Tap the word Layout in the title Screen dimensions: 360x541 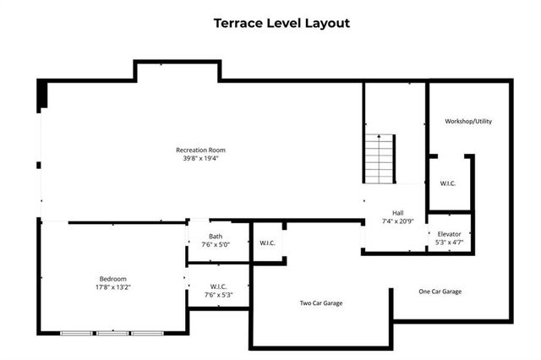[x=327, y=23]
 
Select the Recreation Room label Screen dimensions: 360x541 [x=200, y=150]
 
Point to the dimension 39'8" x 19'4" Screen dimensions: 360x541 [x=200, y=159]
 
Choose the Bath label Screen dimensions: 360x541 [x=217, y=236]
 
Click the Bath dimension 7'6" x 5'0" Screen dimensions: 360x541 [x=217, y=244]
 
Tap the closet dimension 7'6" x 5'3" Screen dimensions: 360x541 [x=217, y=296]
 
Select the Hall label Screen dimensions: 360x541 [x=396, y=212]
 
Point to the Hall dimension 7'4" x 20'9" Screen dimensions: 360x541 [x=396, y=221]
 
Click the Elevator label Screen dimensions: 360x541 [x=448, y=233]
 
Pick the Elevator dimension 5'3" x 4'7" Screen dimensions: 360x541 [x=448, y=243]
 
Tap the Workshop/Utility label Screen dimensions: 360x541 [x=468, y=121]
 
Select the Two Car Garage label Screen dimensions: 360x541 [x=321, y=303]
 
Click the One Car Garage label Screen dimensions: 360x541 [x=440, y=292]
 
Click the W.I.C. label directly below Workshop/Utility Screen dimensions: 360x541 [x=448, y=183]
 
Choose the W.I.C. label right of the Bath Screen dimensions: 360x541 [x=267, y=243]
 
